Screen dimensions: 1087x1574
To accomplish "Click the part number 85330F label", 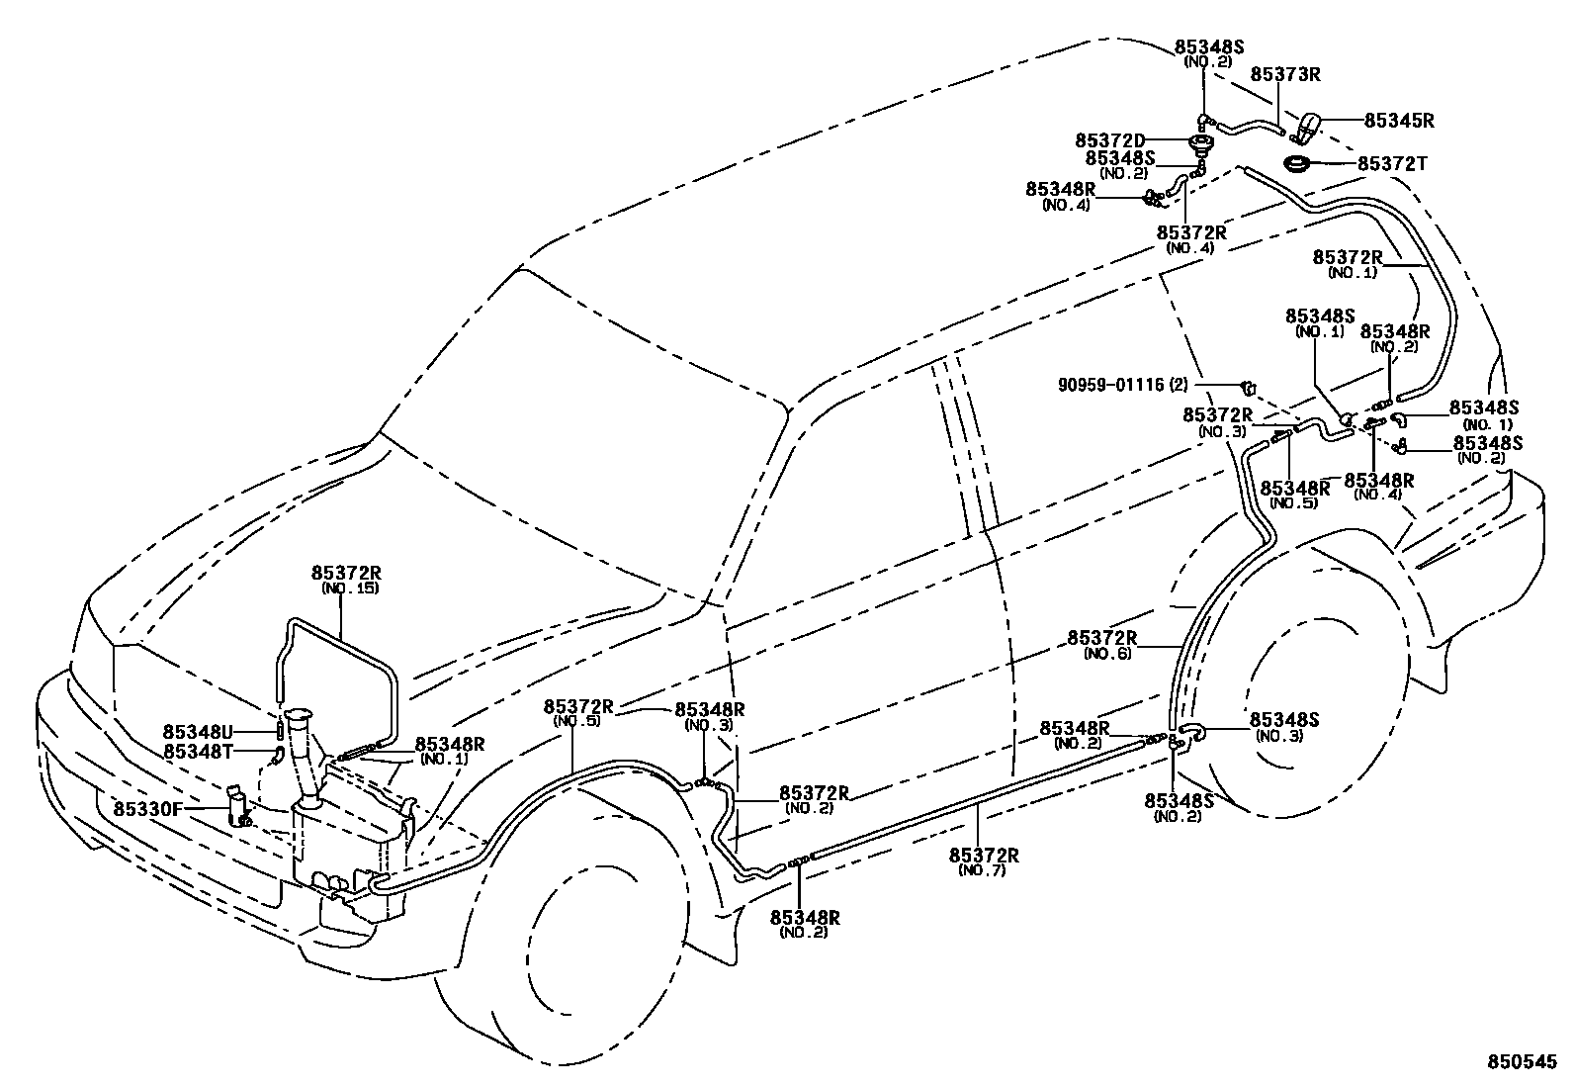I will click(x=147, y=808).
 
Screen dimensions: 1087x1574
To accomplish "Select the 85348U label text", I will click(x=198, y=733).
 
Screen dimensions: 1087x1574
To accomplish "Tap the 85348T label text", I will click(x=198, y=752).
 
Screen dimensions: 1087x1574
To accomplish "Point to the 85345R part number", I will click(x=1399, y=121).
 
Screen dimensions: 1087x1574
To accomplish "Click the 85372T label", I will click(x=1392, y=163).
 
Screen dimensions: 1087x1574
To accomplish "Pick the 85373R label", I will click(x=1286, y=74).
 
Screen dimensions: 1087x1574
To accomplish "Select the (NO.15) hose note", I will click(x=350, y=589).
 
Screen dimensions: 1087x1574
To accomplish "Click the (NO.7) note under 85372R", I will click(x=983, y=870).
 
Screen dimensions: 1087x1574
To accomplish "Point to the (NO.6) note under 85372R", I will click(x=1107, y=654).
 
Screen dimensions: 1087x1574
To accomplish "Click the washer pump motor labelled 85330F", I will click(x=238, y=806).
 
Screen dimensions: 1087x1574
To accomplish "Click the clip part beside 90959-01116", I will click(x=1249, y=384).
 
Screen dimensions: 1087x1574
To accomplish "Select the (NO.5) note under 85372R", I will click(x=575, y=721).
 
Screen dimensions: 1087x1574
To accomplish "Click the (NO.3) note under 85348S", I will click(x=1279, y=736).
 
